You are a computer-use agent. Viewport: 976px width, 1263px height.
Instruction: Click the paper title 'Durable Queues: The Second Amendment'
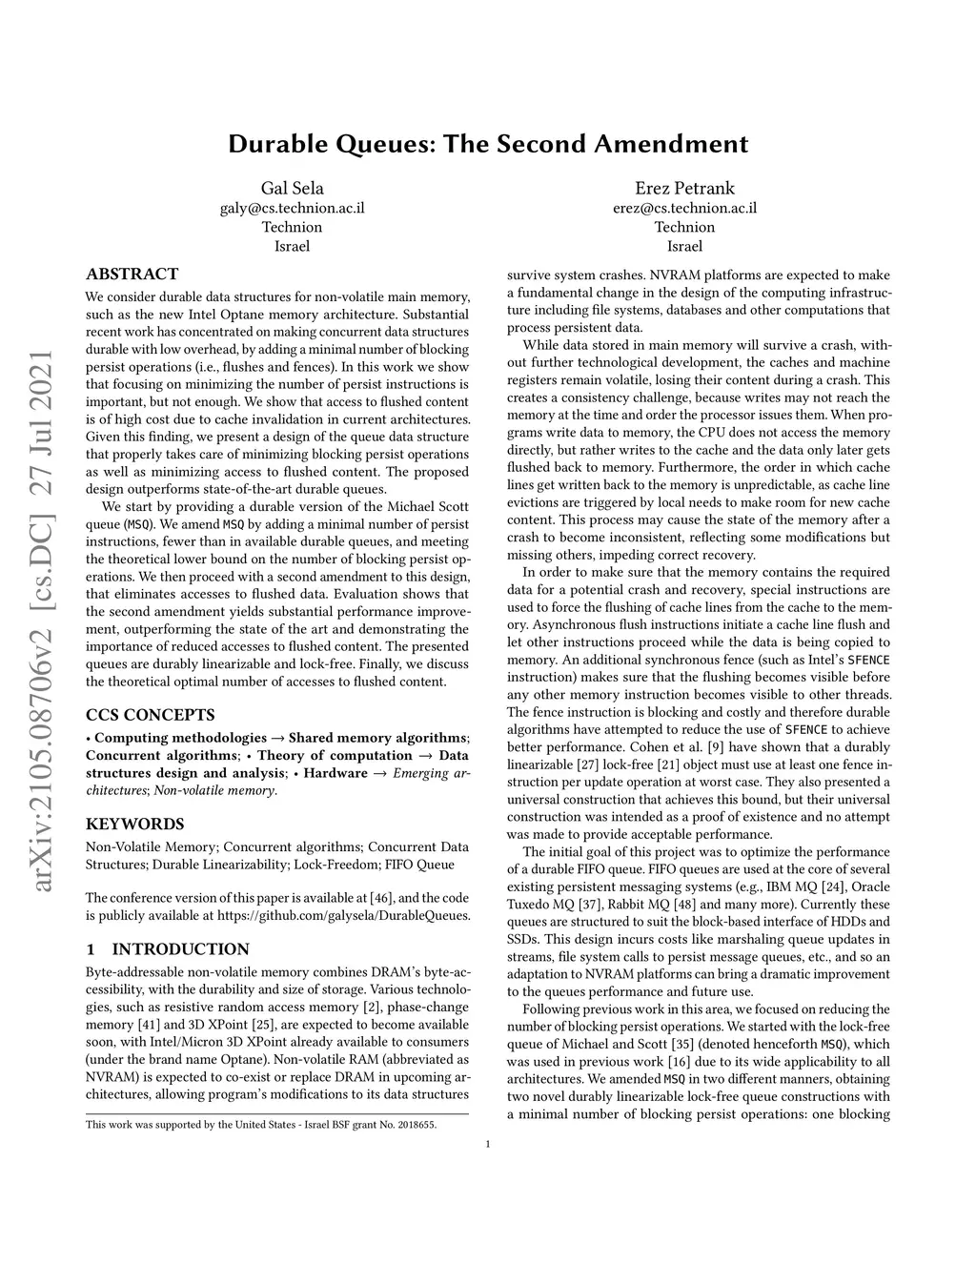488,144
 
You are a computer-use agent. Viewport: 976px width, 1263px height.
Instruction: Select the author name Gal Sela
292,188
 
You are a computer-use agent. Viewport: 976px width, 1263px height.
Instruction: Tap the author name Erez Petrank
684,188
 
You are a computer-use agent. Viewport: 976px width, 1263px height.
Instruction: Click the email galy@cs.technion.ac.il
292,208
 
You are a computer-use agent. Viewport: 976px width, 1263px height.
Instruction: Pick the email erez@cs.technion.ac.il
684,208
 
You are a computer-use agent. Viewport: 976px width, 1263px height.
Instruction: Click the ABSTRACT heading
132,274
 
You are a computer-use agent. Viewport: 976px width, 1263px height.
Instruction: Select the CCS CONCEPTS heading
150,714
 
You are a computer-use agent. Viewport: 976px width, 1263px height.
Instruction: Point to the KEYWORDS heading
134,824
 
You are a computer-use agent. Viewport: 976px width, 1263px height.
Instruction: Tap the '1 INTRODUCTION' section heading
167,948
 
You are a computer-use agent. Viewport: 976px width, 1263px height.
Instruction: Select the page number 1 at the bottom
488,1144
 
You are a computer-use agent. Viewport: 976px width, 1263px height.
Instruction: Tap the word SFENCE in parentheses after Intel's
868,660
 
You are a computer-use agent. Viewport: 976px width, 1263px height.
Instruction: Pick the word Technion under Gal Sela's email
292,227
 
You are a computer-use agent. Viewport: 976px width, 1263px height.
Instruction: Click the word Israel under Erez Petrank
684,246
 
